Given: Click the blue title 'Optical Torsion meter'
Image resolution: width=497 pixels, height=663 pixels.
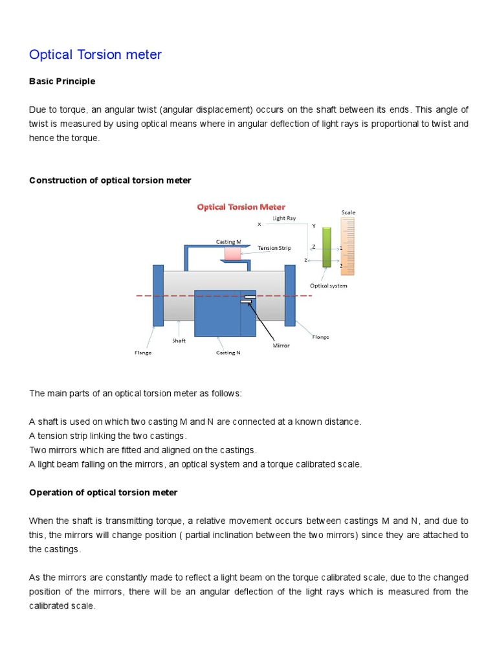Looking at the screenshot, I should [x=95, y=55].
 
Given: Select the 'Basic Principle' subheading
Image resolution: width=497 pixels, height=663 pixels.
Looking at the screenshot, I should [x=62, y=82].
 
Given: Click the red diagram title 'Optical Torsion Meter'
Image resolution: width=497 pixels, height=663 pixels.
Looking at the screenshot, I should [x=241, y=207].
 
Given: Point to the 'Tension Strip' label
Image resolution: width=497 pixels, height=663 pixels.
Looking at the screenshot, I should [x=274, y=248].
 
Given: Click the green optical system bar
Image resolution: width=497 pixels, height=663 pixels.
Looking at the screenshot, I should [x=327, y=247].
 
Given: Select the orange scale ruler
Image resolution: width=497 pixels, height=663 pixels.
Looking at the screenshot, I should [x=348, y=246].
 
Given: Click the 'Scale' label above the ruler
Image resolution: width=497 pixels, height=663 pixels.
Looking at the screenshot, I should [x=348, y=212].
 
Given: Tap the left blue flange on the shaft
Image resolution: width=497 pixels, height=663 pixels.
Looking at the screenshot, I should [x=158, y=295].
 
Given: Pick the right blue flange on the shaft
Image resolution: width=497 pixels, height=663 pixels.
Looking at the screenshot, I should [x=290, y=295].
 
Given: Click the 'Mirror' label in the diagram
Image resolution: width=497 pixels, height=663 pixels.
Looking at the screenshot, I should [x=281, y=346].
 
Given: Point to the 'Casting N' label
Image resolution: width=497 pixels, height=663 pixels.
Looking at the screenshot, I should [x=228, y=353].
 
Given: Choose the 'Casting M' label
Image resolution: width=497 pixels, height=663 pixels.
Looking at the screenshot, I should [x=228, y=242].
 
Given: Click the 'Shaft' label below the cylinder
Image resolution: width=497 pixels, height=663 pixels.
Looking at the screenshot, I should [x=179, y=341].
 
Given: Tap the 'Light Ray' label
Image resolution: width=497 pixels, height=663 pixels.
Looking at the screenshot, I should [x=284, y=218].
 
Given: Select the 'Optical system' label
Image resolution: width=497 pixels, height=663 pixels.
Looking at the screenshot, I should [x=329, y=286].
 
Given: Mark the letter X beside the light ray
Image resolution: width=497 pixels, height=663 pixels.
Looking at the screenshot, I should [x=260, y=225].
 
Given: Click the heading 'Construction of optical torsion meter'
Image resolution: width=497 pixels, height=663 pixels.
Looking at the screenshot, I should [x=110, y=181].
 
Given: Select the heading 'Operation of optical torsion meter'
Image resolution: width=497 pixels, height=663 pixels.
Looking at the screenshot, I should [x=103, y=493].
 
